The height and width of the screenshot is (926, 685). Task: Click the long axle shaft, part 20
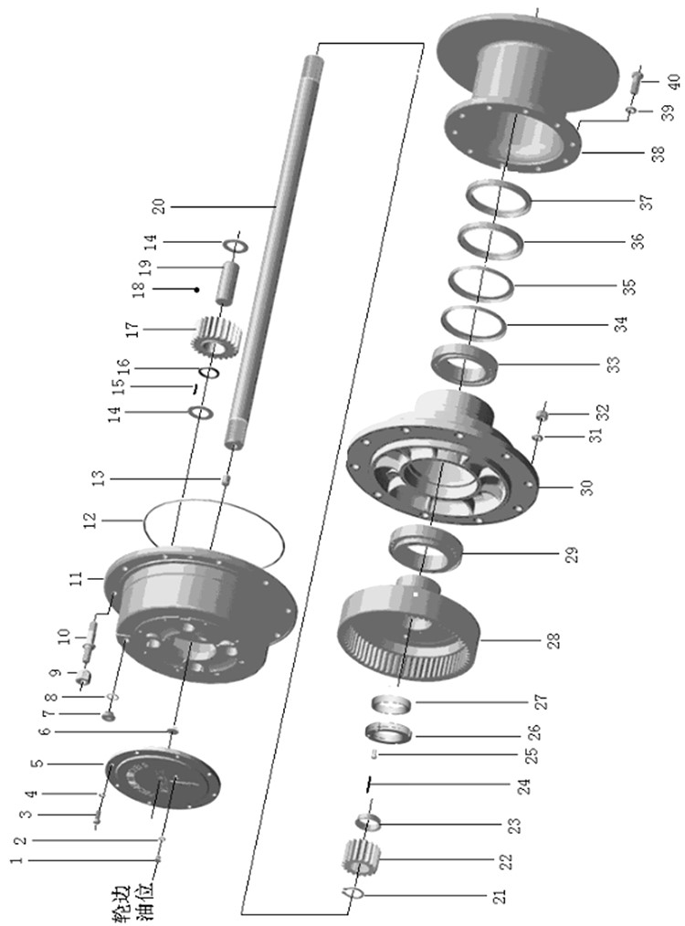pos(272,251)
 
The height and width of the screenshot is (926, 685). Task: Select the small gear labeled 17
pos(213,339)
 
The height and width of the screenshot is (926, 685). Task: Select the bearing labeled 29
pos(426,548)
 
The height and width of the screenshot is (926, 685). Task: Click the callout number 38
pos(658,153)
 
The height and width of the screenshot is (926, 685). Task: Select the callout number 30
pos(585,488)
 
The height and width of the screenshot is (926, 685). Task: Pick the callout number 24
pos(524,786)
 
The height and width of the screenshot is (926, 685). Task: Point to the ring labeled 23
pos(367,822)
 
